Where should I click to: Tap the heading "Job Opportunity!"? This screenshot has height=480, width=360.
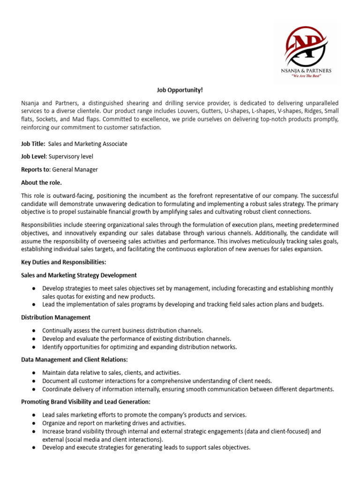(180, 90)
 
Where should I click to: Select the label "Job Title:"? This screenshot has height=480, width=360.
(33, 144)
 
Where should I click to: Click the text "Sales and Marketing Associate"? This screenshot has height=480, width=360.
(88, 144)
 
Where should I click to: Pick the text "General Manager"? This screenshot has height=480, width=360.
(75, 169)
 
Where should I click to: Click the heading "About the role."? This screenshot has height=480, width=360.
(41, 182)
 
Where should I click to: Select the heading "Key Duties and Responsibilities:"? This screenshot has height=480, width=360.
(64, 262)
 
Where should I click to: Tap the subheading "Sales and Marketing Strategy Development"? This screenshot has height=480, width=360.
(79, 275)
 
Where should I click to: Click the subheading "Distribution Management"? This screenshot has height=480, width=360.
(56, 317)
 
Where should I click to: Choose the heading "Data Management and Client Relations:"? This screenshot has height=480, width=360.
(75, 360)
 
